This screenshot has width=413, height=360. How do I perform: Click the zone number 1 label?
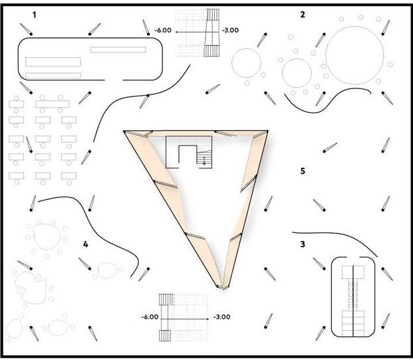34,14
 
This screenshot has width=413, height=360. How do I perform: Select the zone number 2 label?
303,14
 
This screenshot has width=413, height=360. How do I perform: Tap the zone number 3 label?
303,244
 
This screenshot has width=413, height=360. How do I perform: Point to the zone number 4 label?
85,244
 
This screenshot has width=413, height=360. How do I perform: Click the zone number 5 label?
303,172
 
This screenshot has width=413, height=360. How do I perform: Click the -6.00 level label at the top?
164,31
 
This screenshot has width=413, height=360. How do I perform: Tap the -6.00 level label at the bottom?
150,317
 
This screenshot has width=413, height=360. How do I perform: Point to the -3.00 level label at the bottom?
221,317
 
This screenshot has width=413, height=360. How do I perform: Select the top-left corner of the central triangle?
124,131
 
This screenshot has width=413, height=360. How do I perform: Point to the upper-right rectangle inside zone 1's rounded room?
118,50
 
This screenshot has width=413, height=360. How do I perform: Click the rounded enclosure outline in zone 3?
332,296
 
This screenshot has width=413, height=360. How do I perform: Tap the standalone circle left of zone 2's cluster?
246,62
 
